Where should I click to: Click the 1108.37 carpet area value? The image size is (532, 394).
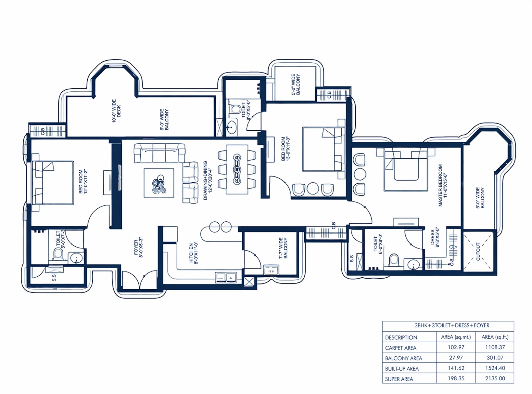[495, 347]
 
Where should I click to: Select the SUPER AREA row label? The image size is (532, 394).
[399, 379]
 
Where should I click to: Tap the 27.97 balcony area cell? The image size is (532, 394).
[456, 358]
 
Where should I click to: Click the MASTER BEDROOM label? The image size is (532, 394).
[440, 185]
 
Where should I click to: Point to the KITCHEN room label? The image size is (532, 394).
[191, 253]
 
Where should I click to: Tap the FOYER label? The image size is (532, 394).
[136, 247]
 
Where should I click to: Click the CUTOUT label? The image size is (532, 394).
[478, 251]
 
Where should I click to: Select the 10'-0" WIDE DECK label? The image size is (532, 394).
[116, 111]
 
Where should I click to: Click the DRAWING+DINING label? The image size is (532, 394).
[205, 180]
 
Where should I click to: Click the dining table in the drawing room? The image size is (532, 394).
[237, 169]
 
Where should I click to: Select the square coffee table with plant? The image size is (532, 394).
[159, 183]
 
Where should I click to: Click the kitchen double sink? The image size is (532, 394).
[225, 277]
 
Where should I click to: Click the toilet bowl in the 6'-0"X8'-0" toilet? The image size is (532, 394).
[394, 260]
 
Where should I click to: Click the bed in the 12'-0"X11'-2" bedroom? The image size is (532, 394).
[53, 183]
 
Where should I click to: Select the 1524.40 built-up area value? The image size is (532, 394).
[495, 368]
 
